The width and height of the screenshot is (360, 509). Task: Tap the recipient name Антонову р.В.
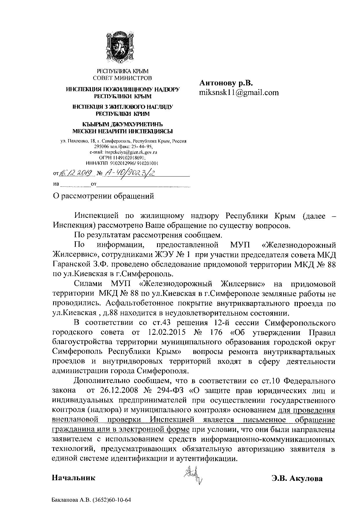coord(226,83)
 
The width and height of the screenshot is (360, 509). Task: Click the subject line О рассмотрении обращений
coord(103,196)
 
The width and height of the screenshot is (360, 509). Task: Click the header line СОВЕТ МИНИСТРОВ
coord(122,78)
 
